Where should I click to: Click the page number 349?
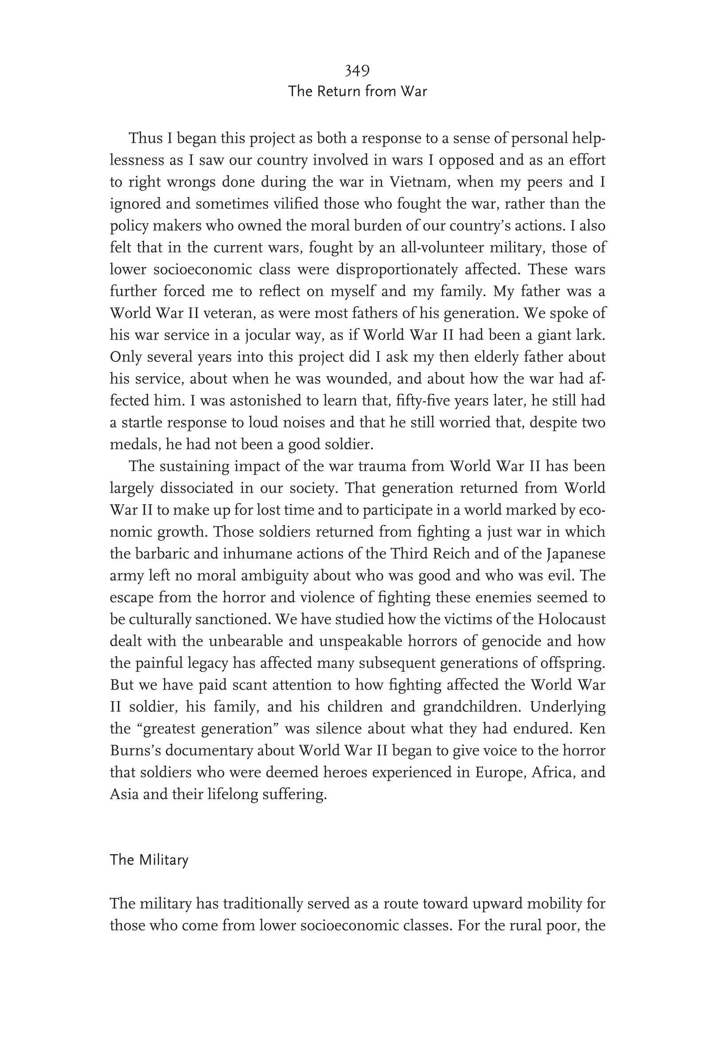(357, 71)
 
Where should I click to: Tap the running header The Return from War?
(357, 92)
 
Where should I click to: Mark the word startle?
(142, 423)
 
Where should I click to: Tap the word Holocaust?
(571, 619)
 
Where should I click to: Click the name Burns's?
(133, 750)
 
